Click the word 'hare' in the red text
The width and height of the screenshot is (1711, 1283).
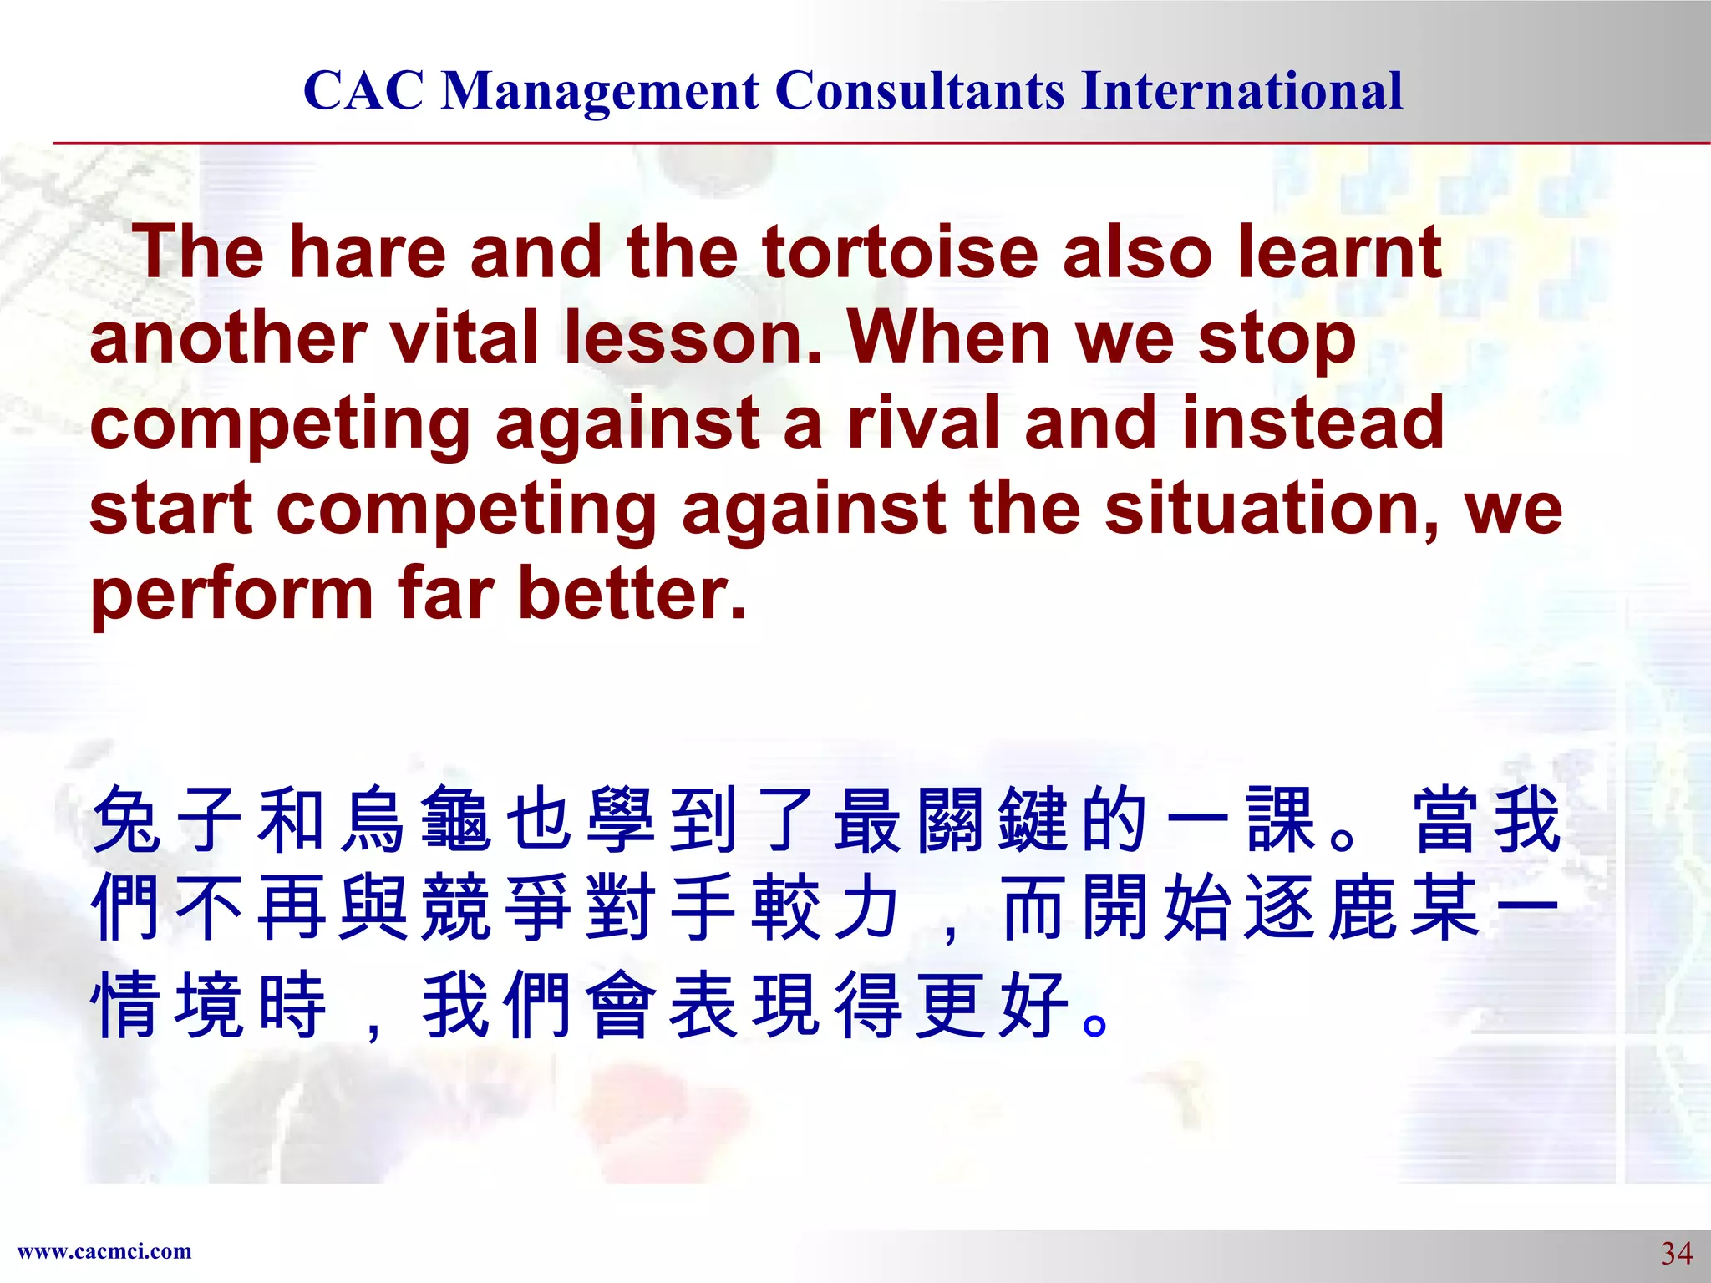click(367, 252)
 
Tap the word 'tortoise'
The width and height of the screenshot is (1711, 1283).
click(900, 252)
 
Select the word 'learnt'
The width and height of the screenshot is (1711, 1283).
click(1339, 252)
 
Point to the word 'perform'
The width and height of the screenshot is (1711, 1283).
click(231, 595)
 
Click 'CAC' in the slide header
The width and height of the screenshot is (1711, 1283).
click(363, 90)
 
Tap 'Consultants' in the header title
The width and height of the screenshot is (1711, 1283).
click(920, 90)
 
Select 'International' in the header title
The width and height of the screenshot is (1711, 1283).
click(1241, 90)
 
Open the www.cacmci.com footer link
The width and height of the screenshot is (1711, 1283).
click(104, 1251)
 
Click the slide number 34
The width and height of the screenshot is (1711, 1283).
click(1676, 1253)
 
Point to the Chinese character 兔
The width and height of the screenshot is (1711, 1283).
click(127, 820)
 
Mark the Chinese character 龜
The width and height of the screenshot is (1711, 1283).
click(456, 820)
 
